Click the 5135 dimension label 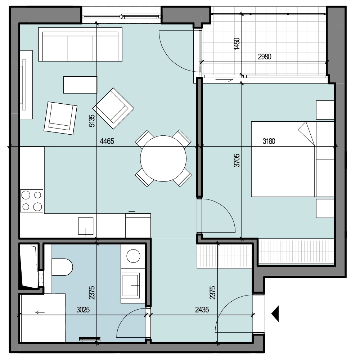(92, 121)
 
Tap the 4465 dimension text (107, 141)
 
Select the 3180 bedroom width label (269, 141)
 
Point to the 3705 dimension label (237, 160)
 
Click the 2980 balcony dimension (265, 57)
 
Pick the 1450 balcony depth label (237, 44)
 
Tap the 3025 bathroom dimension (83, 310)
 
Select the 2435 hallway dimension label (202, 310)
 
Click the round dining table (163, 158)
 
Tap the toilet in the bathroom (62, 267)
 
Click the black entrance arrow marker (275, 314)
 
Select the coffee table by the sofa (80, 85)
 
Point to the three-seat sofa (80, 44)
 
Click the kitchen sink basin (86, 226)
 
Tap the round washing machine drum (134, 256)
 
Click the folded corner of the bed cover (306, 133)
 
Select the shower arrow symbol (40, 312)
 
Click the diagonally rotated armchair (113, 108)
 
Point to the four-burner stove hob (32, 201)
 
